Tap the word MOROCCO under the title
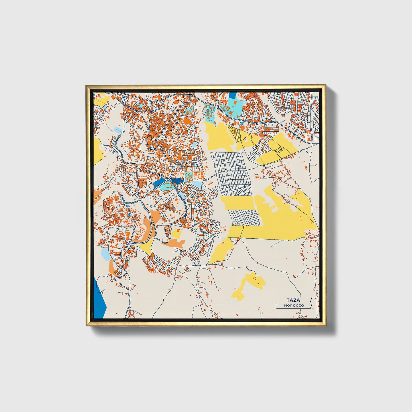pyautogui.click(x=294, y=305)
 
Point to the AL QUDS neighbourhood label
pyautogui.click(x=284, y=108)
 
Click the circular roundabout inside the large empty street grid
pyautogui.click(x=226, y=171)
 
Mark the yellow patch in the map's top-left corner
pyautogui.click(x=102, y=100)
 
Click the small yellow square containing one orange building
pyautogui.click(x=176, y=233)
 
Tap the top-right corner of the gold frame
pyautogui.click(x=325, y=85)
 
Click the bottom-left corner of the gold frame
pyautogui.click(x=86, y=326)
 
